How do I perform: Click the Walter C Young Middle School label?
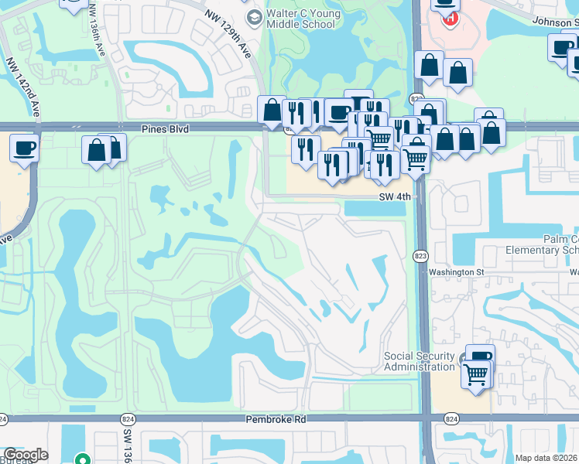pos(300,19)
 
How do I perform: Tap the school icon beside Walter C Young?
pos(253,16)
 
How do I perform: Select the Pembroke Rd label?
pos(276,418)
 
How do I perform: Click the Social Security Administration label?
pos(420,361)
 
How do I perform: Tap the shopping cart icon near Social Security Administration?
pos(476,375)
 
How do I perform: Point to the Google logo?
pos(26,455)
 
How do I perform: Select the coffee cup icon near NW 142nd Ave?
pos(24,147)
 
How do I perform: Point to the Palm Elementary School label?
pos(542,244)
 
